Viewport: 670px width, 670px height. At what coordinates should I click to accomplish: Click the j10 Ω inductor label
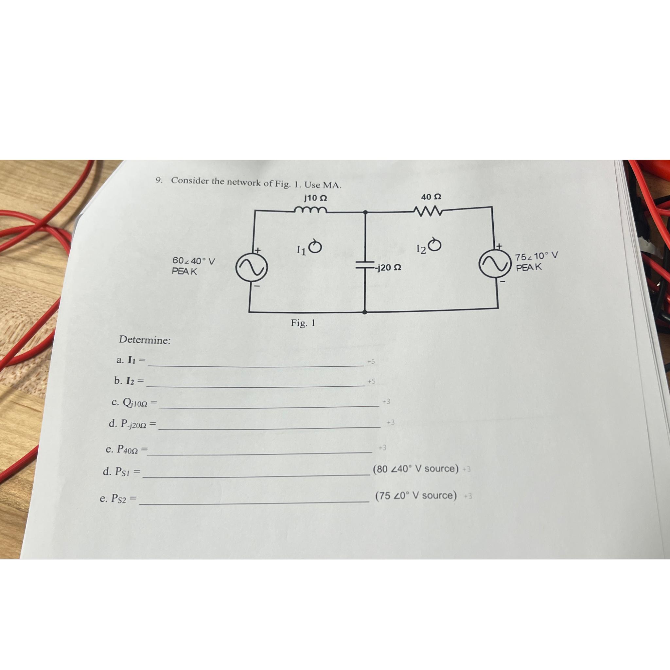pyautogui.click(x=315, y=198)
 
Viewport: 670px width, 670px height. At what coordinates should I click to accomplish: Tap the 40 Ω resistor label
pyautogui.click(x=431, y=197)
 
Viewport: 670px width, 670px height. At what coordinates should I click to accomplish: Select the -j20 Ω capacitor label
pyautogui.click(x=389, y=268)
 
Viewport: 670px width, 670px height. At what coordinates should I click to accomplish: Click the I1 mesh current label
pyautogui.click(x=301, y=250)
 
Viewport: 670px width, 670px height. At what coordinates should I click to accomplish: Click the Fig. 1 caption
pyautogui.click(x=303, y=323)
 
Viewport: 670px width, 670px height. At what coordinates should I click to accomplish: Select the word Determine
pyautogui.click(x=145, y=340)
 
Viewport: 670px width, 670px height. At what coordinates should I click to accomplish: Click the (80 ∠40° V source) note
pyautogui.click(x=415, y=469)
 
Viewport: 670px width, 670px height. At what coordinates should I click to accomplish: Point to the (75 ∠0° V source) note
pyautogui.click(x=416, y=495)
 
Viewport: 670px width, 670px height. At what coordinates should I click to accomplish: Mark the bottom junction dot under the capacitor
pyautogui.click(x=364, y=312)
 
